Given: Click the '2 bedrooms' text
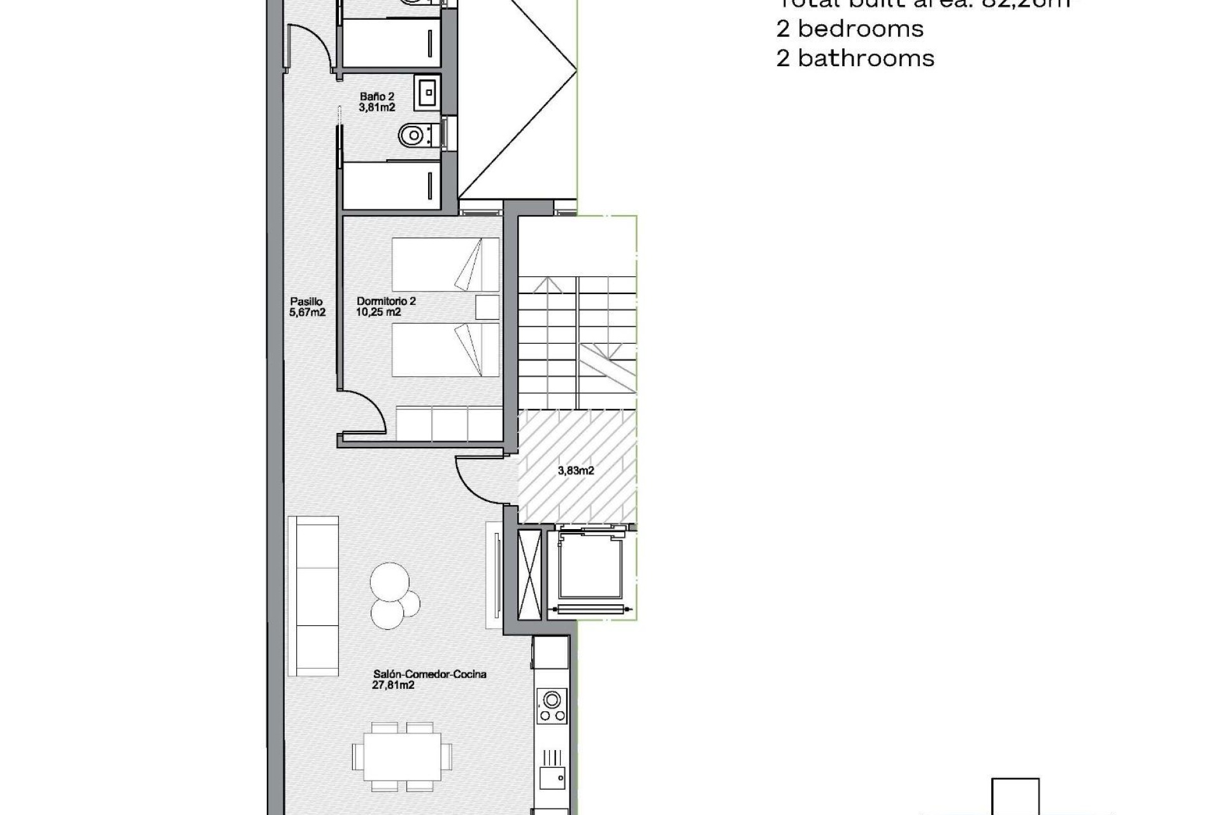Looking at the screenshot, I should (x=850, y=29).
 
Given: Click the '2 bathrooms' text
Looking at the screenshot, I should (x=855, y=59).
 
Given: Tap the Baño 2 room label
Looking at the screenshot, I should (x=376, y=97).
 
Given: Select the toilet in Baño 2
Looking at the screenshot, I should (x=413, y=135).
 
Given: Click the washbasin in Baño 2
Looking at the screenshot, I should (x=427, y=93).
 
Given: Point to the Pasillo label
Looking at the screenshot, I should (x=306, y=302).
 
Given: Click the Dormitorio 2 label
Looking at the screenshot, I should (x=386, y=301).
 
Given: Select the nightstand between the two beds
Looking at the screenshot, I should (x=487, y=308).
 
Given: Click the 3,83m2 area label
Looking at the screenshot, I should (x=576, y=471).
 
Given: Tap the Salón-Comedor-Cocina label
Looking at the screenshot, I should (x=430, y=674).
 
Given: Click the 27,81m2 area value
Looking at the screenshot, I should (x=393, y=685).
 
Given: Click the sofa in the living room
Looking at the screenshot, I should (x=313, y=596).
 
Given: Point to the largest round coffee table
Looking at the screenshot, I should (x=390, y=581).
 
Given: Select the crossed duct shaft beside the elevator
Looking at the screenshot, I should (x=529, y=574).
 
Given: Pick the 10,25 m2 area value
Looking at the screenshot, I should (x=378, y=312).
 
